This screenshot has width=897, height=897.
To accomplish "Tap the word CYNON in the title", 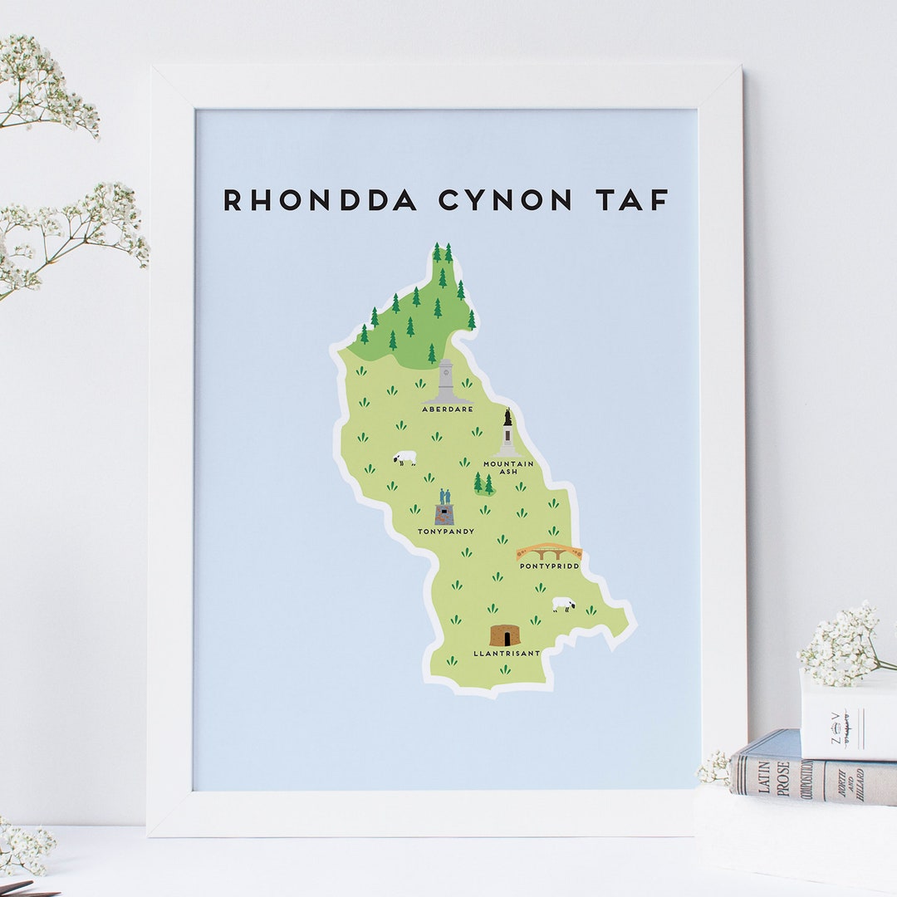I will (505, 200).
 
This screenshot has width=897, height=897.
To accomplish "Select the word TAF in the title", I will (631, 200).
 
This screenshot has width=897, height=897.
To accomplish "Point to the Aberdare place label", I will (447, 409).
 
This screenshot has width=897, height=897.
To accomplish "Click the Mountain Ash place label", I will (508, 467).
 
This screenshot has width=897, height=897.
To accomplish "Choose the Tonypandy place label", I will (446, 532).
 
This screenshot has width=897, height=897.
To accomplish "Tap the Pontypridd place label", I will (549, 566).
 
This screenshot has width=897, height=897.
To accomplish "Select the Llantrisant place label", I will (507, 654).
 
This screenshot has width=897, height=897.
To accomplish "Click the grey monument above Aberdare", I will (446, 382).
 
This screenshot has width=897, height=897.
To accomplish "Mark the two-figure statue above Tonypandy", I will (444, 507).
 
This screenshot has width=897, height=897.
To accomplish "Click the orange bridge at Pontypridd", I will (548, 551).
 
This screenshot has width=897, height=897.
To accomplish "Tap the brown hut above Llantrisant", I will (504, 635).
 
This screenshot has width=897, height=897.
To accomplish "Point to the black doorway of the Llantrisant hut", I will (504, 639).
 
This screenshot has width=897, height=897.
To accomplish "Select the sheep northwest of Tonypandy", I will (405, 458).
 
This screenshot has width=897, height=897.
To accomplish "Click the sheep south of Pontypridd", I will (564, 604).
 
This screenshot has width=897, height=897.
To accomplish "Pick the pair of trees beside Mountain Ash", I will (483, 483).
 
